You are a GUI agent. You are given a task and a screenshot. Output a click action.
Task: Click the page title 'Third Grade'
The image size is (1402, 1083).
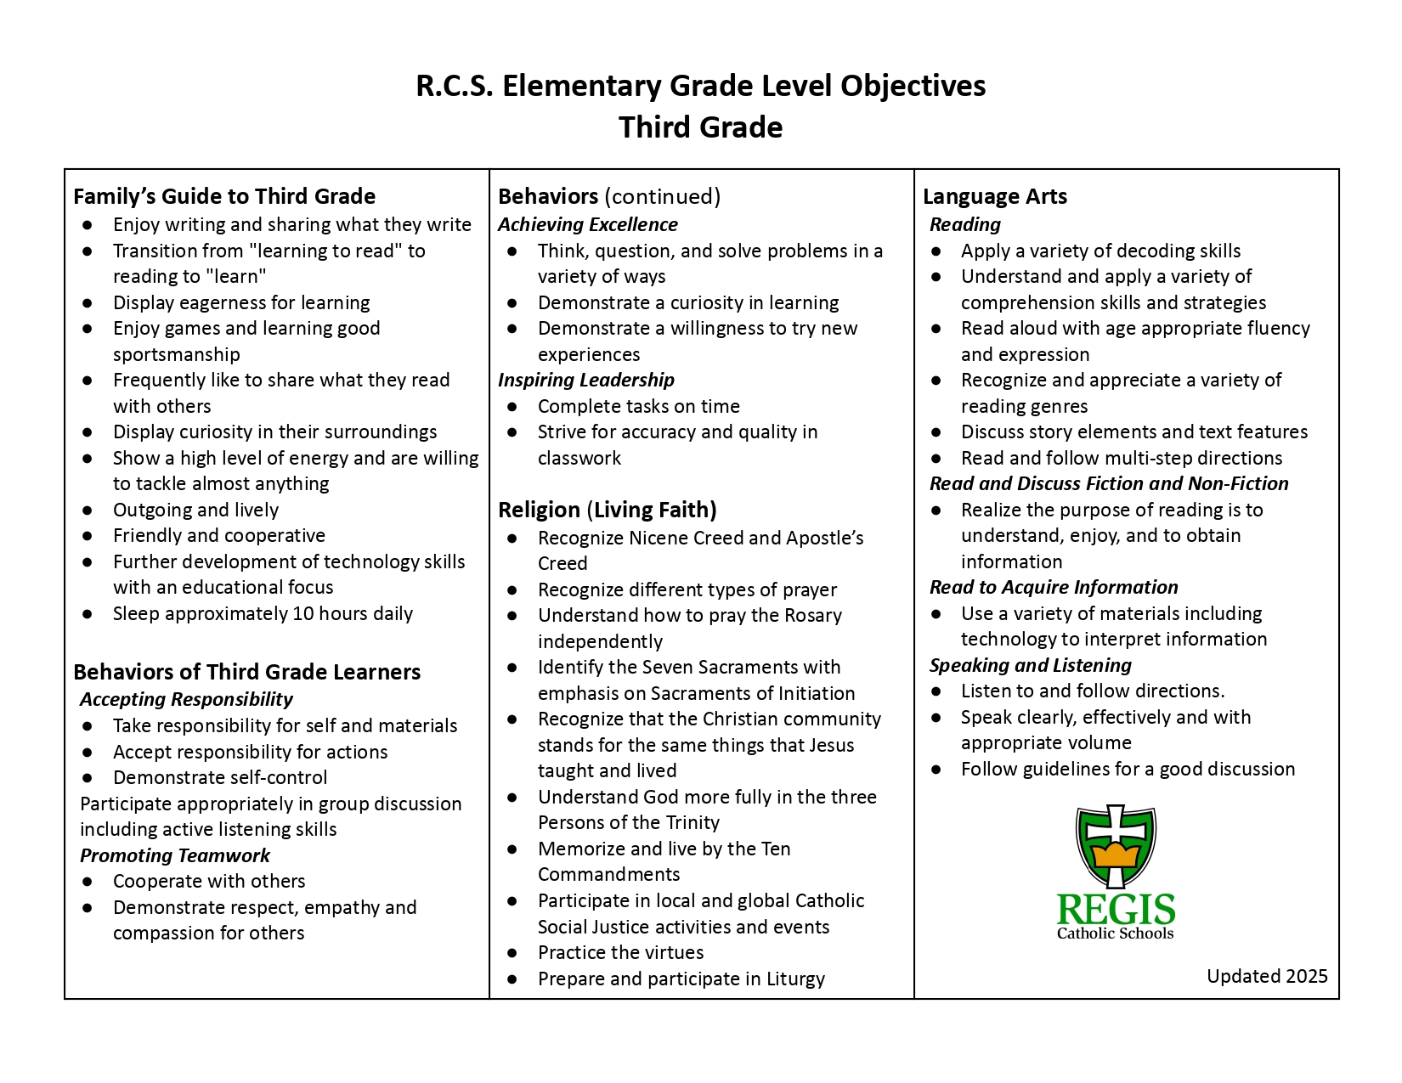[700, 127]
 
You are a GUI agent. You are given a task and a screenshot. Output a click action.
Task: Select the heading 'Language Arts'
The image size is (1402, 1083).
[994, 196]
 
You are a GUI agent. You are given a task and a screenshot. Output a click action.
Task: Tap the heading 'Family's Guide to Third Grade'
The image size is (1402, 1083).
[224, 196]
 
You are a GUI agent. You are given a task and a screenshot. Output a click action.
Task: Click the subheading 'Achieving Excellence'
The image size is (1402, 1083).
[587, 224]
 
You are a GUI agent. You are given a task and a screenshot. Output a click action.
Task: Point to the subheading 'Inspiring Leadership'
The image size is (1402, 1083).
[585, 380]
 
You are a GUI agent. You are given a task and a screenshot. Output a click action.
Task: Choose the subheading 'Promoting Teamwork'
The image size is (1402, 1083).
[174, 855]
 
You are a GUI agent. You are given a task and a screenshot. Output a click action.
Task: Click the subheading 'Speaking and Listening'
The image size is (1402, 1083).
[1030, 665]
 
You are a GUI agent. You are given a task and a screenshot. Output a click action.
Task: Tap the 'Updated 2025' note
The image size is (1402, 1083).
[1266, 976]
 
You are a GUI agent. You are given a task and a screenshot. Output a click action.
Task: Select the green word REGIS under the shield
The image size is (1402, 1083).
[1116, 911]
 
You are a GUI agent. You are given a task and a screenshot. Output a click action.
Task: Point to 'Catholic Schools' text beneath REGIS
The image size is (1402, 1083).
[1115, 934]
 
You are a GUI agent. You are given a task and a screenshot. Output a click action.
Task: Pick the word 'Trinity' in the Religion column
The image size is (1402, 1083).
[689, 822]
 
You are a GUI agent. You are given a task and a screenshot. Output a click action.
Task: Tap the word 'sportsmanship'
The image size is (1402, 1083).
[177, 354]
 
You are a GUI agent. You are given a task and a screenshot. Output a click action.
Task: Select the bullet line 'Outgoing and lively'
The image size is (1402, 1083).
[195, 510]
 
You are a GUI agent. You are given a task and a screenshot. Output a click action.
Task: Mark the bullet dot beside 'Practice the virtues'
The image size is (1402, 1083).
[512, 953]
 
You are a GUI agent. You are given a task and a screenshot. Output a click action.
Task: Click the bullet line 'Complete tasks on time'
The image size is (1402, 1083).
[638, 406]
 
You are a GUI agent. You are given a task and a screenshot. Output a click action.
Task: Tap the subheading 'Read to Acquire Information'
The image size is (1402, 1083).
[1053, 587]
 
